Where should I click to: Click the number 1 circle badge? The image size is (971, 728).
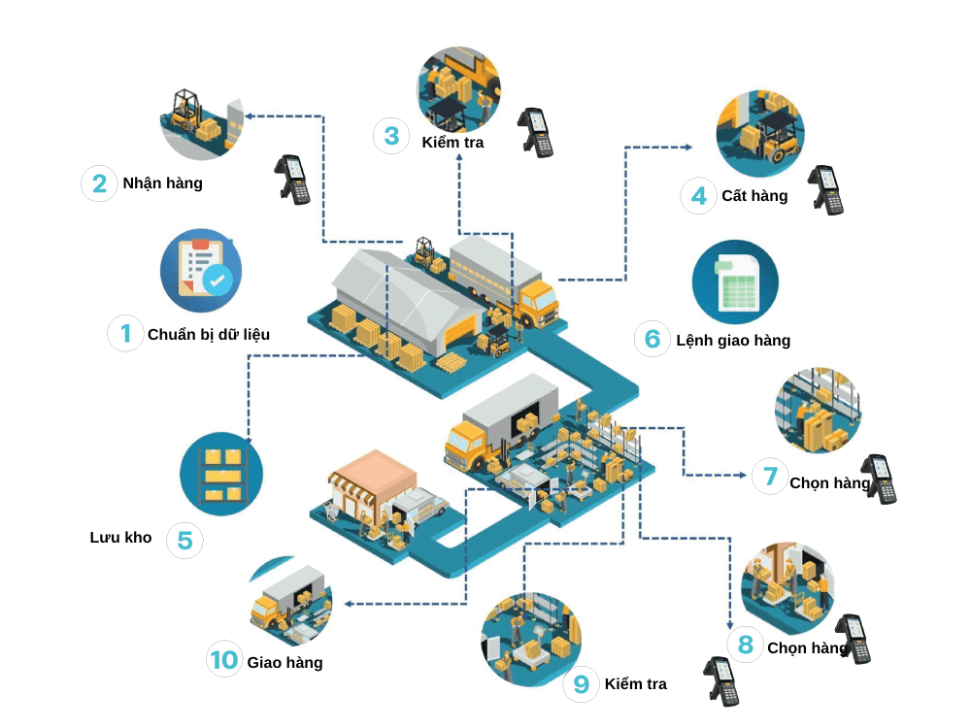pos(125,333)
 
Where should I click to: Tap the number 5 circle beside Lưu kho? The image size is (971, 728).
pos(184,541)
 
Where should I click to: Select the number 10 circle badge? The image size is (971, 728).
pos(224,660)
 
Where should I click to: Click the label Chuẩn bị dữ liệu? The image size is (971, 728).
pos(209,334)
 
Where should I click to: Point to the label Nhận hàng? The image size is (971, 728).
pos(162,182)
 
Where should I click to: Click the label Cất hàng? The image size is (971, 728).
pos(754,195)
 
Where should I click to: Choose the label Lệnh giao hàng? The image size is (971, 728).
pos(733,340)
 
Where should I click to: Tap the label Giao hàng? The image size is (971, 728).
pos(285,662)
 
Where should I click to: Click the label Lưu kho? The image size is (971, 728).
pos(121,537)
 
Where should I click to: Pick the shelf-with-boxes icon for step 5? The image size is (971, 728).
pos(221,473)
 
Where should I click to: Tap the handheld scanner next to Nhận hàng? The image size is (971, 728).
pos(292,179)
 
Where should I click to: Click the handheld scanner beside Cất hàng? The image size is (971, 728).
pos(826,189)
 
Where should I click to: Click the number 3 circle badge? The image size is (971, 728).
pos(391,136)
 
